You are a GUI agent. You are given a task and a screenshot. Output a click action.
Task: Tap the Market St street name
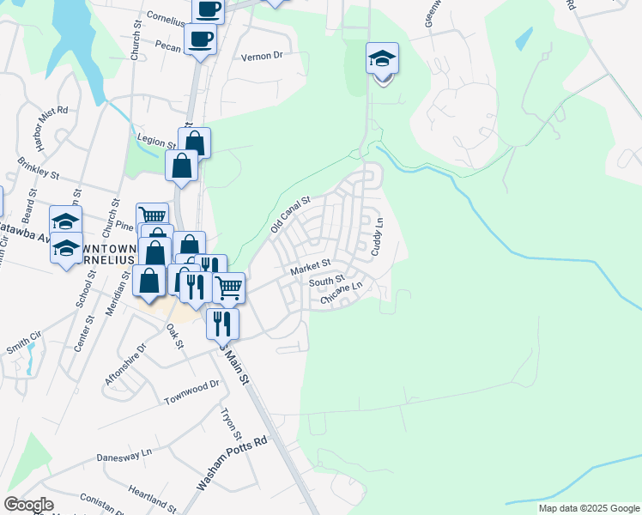[310, 268]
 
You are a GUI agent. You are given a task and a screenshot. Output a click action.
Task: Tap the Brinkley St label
[40, 168]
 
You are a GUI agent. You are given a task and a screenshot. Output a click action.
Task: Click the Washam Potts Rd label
[233, 463]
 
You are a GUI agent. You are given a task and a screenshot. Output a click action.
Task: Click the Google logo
[28, 505]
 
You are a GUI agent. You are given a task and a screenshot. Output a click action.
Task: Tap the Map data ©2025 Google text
[589, 508]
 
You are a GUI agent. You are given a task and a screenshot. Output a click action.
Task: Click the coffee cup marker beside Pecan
[200, 39]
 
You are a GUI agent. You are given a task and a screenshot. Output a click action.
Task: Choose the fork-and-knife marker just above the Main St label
[221, 324]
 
